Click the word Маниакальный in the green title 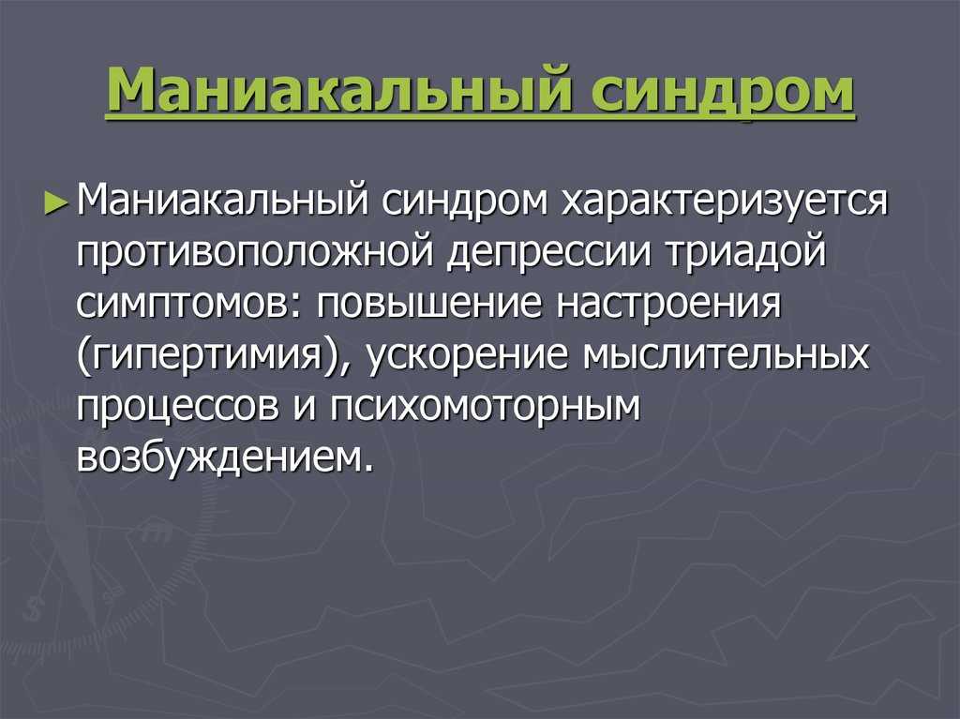[x=339, y=92]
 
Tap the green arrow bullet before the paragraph [x=55, y=203]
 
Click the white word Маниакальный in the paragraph [x=223, y=201]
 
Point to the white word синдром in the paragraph [x=465, y=201]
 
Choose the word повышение [x=429, y=303]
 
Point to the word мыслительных [x=727, y=355]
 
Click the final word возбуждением [x=225, y=457]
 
